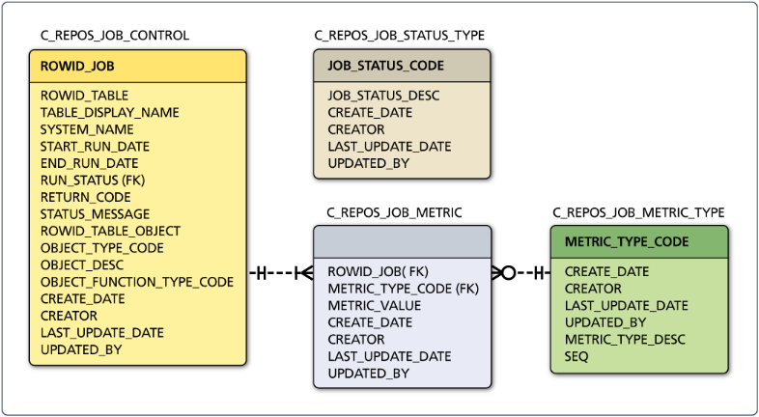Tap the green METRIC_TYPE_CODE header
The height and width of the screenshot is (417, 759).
pos(638,241)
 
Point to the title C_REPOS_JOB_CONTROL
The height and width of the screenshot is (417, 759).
pos(114,36)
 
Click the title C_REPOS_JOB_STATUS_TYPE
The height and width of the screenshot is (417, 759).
pos(399,36)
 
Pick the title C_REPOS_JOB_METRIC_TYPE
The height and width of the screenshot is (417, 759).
pos(638,212)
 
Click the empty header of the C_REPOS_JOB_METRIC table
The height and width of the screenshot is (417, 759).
pos(402,241)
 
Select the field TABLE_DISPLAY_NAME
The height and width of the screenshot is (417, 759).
pos(109,112)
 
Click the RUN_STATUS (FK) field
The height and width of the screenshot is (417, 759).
pos(93,180)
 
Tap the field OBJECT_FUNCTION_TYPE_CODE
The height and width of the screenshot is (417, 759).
pos(136,282)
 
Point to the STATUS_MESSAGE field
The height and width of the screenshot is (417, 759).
pos(95,213)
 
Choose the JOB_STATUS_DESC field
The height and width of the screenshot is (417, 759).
pos(383,96)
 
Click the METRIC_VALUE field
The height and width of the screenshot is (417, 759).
pos(374,305)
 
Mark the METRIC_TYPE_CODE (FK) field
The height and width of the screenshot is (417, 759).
pos(403,289)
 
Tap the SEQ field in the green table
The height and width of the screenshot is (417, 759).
pos(576,356)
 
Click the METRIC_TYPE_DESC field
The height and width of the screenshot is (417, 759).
pos(625,339)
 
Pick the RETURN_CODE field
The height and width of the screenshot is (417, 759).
pos(85,197)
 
